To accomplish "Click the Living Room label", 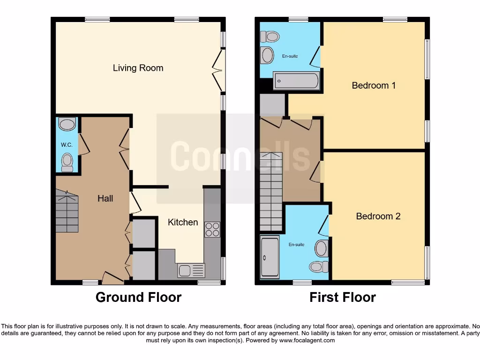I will (138, 68).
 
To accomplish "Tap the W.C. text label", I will (67, 145).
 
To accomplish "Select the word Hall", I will (105, 198).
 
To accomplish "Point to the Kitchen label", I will (183, 222).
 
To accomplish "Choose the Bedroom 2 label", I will (378, 216).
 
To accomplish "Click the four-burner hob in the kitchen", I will (212, 229).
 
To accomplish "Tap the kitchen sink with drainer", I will (191, 270).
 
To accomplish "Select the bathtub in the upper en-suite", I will (296, 81).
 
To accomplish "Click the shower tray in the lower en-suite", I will (269, 257).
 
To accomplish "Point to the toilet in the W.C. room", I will (67, 162).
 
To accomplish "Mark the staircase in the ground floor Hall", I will (67, 211).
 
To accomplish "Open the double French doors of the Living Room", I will (218, 70).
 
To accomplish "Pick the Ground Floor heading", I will (138, 297).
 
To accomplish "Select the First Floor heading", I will (342, 297).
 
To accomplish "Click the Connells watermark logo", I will (240, 157).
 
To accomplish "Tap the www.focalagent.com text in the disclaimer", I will (307, 340).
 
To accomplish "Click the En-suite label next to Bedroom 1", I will (290, 56).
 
